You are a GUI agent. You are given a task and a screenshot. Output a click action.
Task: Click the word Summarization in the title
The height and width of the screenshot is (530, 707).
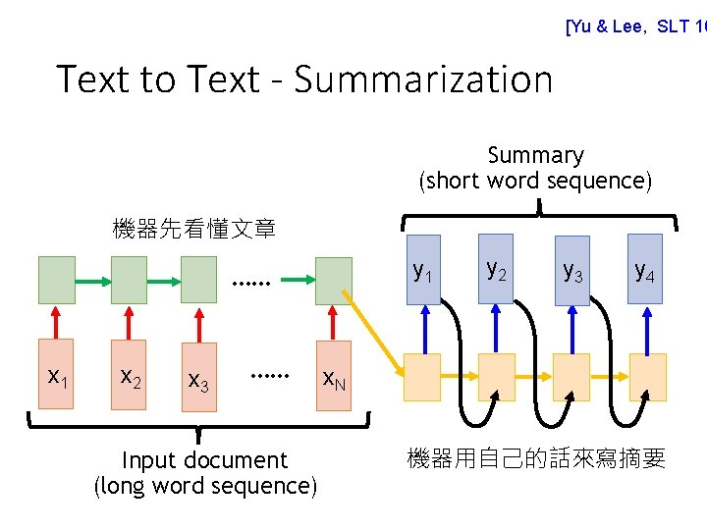(423, 79)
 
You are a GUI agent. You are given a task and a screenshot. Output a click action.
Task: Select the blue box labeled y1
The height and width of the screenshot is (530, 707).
(424, 267)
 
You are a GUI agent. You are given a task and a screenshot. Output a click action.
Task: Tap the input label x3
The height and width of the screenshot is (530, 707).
(198, 378)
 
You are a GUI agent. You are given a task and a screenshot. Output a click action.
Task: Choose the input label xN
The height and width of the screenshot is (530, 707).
(334, 377)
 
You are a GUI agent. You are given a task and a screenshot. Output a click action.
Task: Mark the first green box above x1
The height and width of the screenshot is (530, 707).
(56, 281)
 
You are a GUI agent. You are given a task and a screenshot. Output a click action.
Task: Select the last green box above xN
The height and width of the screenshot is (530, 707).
(334, 281)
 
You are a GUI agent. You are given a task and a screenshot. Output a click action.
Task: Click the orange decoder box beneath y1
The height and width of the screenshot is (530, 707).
(423, 377)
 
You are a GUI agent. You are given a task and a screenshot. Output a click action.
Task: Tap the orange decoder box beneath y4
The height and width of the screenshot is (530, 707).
(647, 377)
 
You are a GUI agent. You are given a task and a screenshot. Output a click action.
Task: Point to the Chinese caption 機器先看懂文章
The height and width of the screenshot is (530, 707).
(193, 230)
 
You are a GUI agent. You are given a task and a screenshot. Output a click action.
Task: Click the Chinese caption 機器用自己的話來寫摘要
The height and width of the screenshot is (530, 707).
(536, 458)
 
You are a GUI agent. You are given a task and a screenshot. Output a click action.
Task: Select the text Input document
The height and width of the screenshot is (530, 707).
(204, 460)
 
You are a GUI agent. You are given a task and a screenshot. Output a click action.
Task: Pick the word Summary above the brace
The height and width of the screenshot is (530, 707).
(535, 155)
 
